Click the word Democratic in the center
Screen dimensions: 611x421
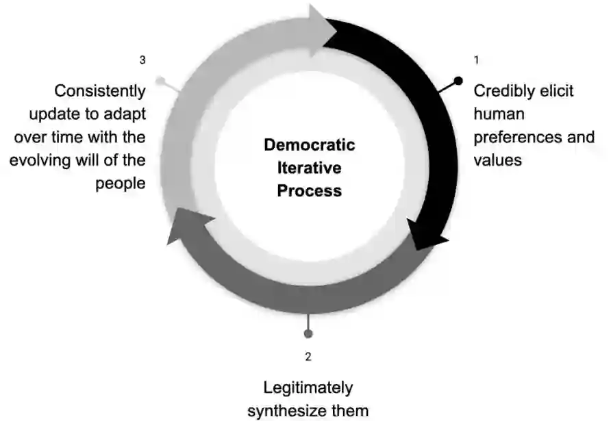click(310, 145)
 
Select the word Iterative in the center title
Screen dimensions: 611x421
click(310, 168)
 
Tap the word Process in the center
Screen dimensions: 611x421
click(310, 190)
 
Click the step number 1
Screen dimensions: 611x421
click(476, 60)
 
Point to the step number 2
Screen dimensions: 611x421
click(308, 357)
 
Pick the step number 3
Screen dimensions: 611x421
click(142, 60)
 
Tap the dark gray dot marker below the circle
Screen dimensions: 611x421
click(308, 333)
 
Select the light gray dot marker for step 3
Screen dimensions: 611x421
click(160, 81)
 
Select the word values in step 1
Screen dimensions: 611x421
click(498, 161)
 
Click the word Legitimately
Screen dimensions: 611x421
click(308, 388)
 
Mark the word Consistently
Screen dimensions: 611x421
click(100, 91)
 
